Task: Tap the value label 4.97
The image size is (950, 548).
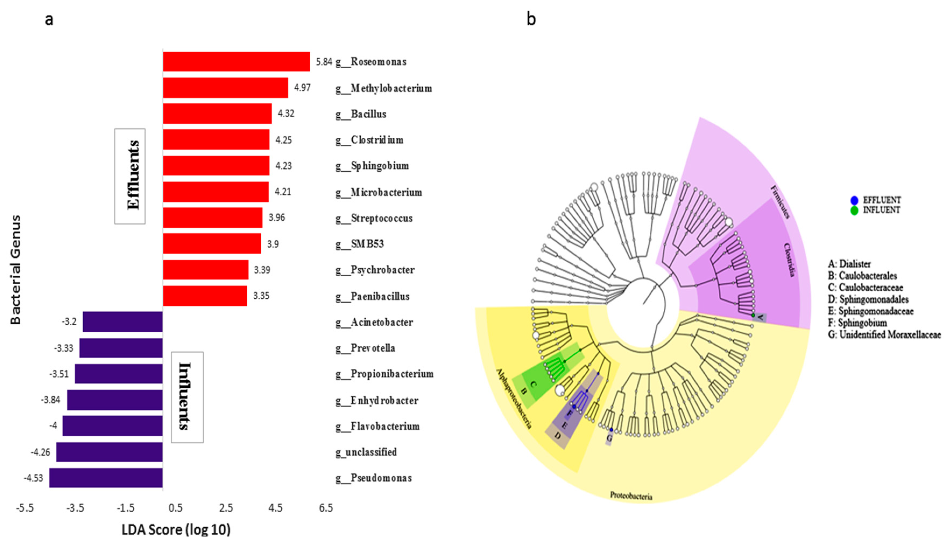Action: coord(302,88)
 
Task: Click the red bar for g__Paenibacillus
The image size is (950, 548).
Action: coord(205,296)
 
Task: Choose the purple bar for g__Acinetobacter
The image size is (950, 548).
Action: coord(122,322)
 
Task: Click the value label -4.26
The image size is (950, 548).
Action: coord(40,452)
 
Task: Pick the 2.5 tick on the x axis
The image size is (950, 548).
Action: coord(226,508)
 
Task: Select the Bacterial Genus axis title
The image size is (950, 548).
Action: coord(15,270)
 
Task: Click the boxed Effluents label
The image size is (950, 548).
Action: coord(130,176)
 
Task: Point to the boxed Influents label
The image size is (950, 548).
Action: coord(187,397)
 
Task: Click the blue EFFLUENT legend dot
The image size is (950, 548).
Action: coord(854,200)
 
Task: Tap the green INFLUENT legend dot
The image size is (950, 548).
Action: coord(854,210)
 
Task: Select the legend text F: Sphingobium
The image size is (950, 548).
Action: coord(857,323)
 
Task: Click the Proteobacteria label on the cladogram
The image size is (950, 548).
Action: coord(631,496)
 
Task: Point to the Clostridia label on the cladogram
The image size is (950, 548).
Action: coord(789,260)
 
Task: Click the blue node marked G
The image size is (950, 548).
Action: coord(611,430)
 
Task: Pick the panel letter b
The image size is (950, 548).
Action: coord(531,19)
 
